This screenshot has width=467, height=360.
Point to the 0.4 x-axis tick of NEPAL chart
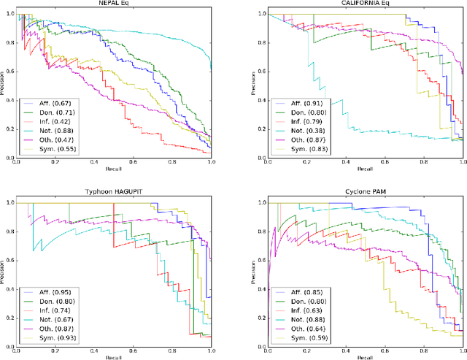pyautogui.click(x=93, y=164)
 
